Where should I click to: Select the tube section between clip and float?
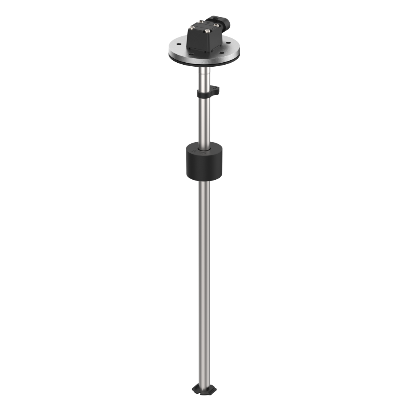pos(204,120)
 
